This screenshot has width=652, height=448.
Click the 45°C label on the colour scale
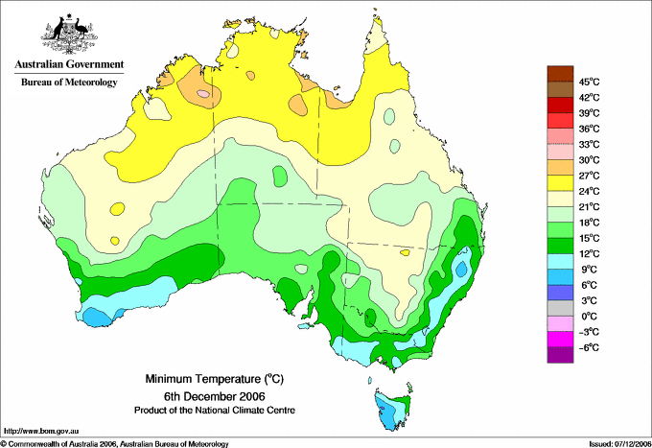tap(589, 82)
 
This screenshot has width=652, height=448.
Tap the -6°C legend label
tap(589, 347)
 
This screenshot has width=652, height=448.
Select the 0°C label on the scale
tap(589, 317)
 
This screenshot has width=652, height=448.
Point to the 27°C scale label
tap(589, 176)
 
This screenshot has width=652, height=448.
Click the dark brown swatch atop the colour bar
tap(560, 74)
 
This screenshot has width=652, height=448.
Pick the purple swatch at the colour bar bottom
tap(560, 355)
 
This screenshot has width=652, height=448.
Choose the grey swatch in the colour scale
tap(560, 308)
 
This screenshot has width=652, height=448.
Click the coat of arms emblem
tap(69, 35)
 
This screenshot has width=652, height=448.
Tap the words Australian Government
tap(69, 64)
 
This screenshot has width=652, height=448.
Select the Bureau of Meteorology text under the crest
tap(69, 83)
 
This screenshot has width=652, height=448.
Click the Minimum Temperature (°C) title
tap(214, 379)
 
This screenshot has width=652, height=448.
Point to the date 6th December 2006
tap(214, 395)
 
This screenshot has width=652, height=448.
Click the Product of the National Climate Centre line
tap(215, 411)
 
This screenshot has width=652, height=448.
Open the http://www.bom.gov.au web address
tap(41, 432)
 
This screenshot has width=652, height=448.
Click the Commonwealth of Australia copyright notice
tap(115, 444)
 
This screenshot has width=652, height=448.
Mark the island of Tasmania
tap(392, 410)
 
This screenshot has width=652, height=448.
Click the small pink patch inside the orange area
tap(203, 94)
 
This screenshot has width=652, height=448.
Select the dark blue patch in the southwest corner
tap(98, 318)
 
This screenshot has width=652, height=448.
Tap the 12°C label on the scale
tap(589, 254)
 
